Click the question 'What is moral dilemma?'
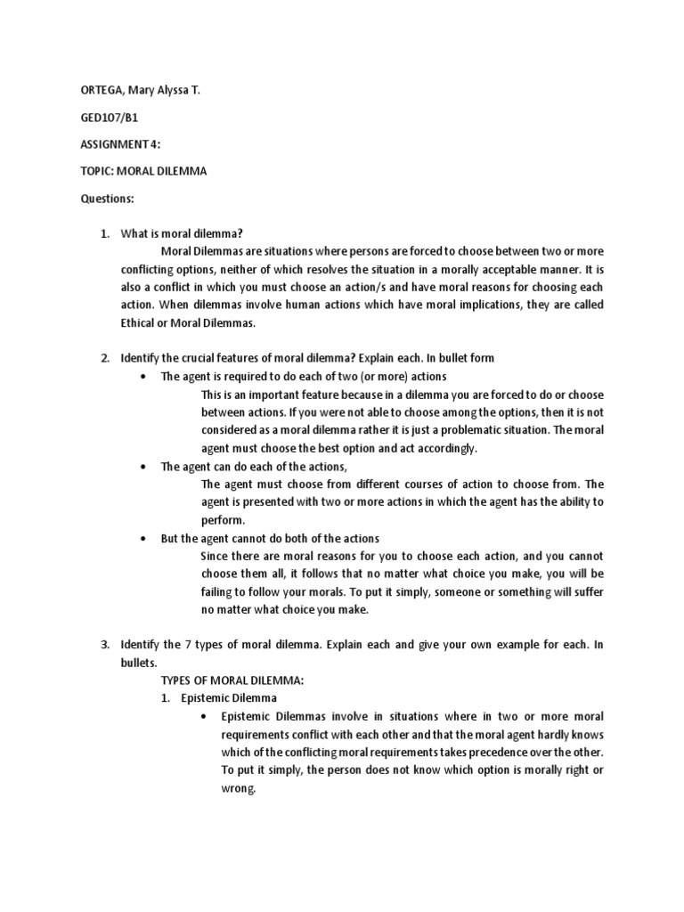182,233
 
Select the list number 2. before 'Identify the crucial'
104,358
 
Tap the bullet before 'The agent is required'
143,377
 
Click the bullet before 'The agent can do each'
143,467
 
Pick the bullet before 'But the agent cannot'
143,539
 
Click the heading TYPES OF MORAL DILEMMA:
232,680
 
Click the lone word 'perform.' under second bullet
223,520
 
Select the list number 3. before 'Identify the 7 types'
104,644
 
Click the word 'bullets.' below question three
140,663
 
